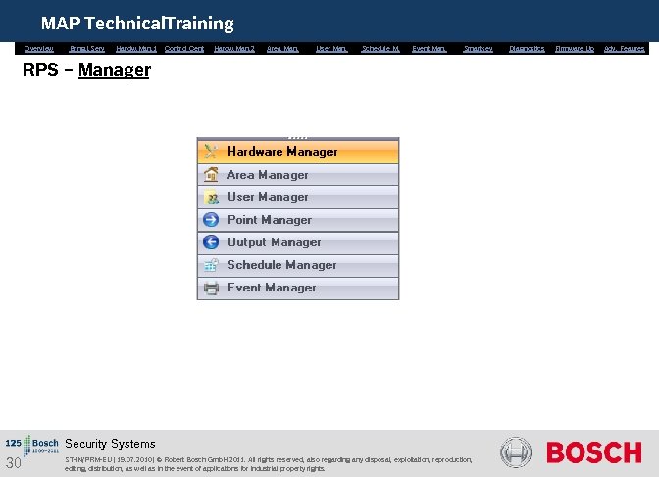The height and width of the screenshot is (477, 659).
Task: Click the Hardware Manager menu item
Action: [282, 152]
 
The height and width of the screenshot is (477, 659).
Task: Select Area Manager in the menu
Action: [268, 175]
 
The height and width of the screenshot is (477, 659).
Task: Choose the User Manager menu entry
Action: [268, 197]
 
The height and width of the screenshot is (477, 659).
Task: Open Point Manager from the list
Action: [270, 220]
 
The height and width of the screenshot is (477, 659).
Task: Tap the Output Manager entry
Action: [274, 242]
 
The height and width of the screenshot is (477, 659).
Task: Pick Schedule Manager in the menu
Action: [281, 265]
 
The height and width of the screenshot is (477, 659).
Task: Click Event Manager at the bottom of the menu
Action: [272, 288]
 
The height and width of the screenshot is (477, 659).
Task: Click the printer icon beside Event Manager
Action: [210, 288]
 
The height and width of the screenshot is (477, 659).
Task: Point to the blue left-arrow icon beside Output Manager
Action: [210, 242]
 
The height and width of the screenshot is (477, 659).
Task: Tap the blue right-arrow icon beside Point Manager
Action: [210, 220]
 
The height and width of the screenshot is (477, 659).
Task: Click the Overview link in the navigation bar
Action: [39, 48]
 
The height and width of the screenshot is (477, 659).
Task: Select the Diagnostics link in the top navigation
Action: [527, 48]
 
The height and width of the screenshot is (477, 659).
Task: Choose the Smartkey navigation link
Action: [479, 48]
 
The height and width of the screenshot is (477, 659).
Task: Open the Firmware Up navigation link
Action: [575, 48]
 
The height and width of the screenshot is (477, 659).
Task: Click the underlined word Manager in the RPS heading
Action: [114, 70]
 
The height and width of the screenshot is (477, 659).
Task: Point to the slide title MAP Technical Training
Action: [137, 23]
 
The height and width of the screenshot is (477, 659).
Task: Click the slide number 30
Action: [13, 463]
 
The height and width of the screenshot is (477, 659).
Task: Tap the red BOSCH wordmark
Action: [593, 452]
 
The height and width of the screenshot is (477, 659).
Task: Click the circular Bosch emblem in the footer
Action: [516, 452]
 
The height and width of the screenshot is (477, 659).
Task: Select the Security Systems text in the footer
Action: [110, 444]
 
